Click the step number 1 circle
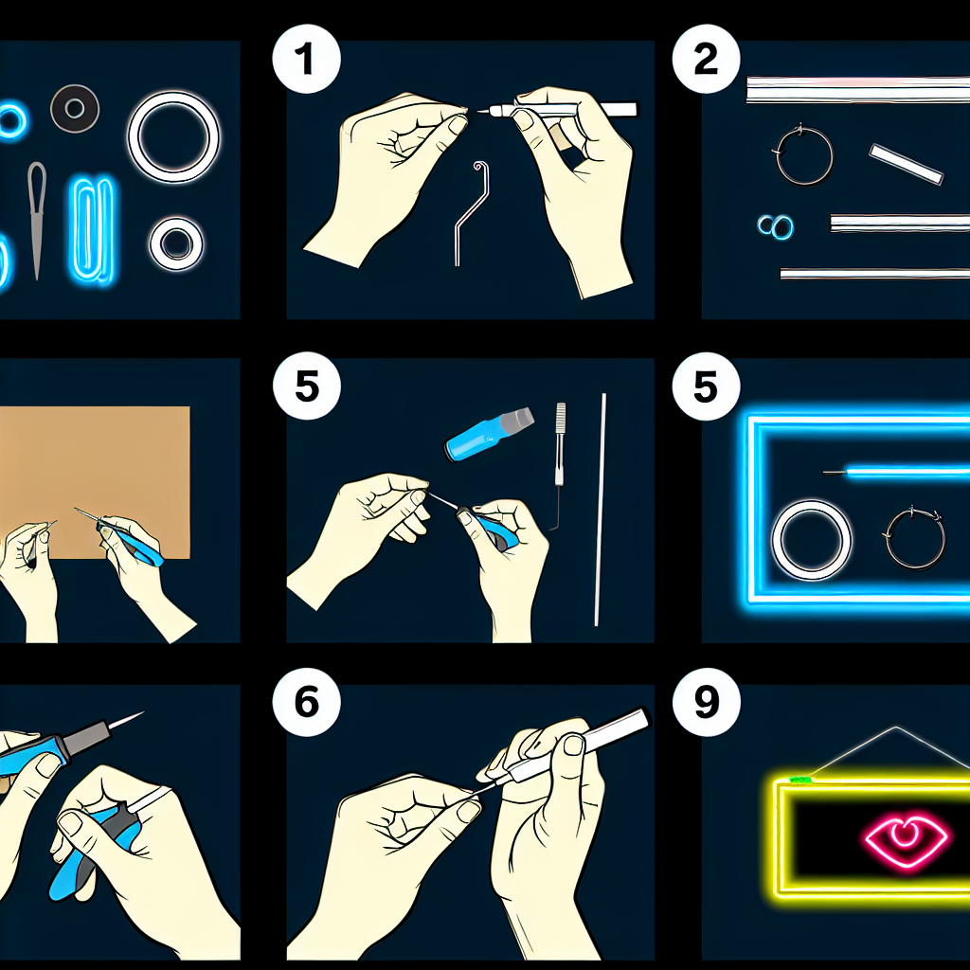point(306,60)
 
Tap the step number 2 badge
point(706,60)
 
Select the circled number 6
point(306,702)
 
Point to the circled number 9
point(706,702)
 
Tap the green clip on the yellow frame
point(800,780)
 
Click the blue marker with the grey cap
point(489,432)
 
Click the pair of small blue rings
point(776,227)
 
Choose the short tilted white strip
point(907,164)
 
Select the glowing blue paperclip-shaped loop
point(93,230)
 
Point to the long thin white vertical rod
point(600,509)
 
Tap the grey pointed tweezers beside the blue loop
point(37,220)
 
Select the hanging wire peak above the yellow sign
point(895,728)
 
